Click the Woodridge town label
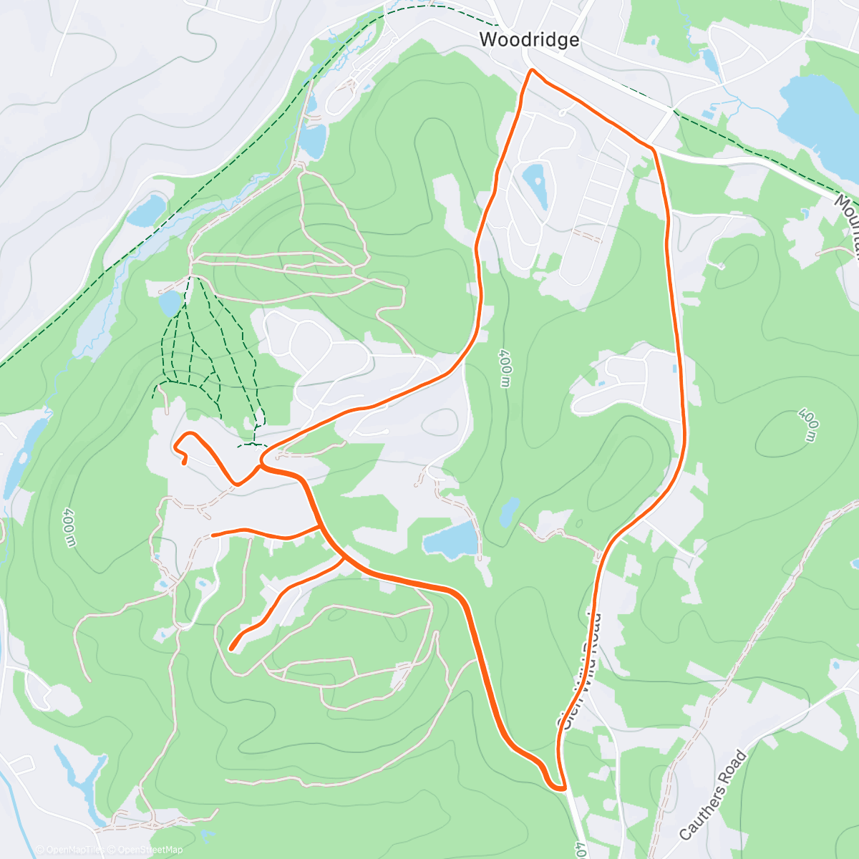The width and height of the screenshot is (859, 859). point(529,39)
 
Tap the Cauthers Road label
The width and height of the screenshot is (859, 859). point(712,795)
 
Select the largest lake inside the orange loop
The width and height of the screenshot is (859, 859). point(450,539)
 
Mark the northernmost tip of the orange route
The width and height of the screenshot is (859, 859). point(531,70)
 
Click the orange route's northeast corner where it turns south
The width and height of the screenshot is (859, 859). point(653,149)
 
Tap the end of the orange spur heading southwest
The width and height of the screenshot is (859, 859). point(231,649)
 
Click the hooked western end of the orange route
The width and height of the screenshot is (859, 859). point(184,462)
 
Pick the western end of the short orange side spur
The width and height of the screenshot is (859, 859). point(213,535)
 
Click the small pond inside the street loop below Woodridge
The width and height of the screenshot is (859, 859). point(535,178)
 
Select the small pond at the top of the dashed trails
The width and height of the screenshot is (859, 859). point(170,303)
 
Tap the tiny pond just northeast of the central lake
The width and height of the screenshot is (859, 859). point(509,512)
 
